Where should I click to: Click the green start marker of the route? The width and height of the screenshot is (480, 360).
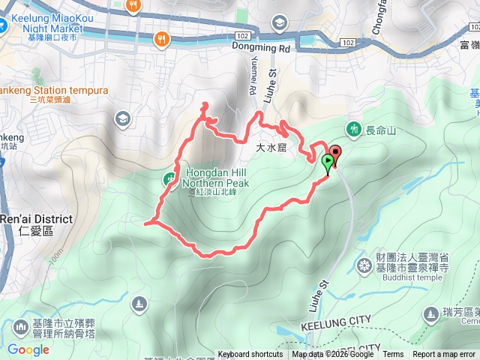328,162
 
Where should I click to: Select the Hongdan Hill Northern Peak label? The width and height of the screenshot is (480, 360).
217,175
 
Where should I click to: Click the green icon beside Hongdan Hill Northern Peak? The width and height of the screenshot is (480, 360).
169,178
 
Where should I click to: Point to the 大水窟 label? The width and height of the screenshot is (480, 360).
271,148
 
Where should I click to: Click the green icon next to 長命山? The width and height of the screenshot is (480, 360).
355,127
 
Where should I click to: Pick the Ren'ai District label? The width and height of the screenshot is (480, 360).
36,219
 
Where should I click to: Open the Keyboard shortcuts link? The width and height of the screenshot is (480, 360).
250,355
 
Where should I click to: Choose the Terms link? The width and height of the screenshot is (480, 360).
393,355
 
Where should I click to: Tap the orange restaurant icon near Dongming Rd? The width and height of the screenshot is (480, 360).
161,37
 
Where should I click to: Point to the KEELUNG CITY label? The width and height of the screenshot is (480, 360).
335,322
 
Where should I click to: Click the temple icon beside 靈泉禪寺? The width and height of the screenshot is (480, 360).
365,265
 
